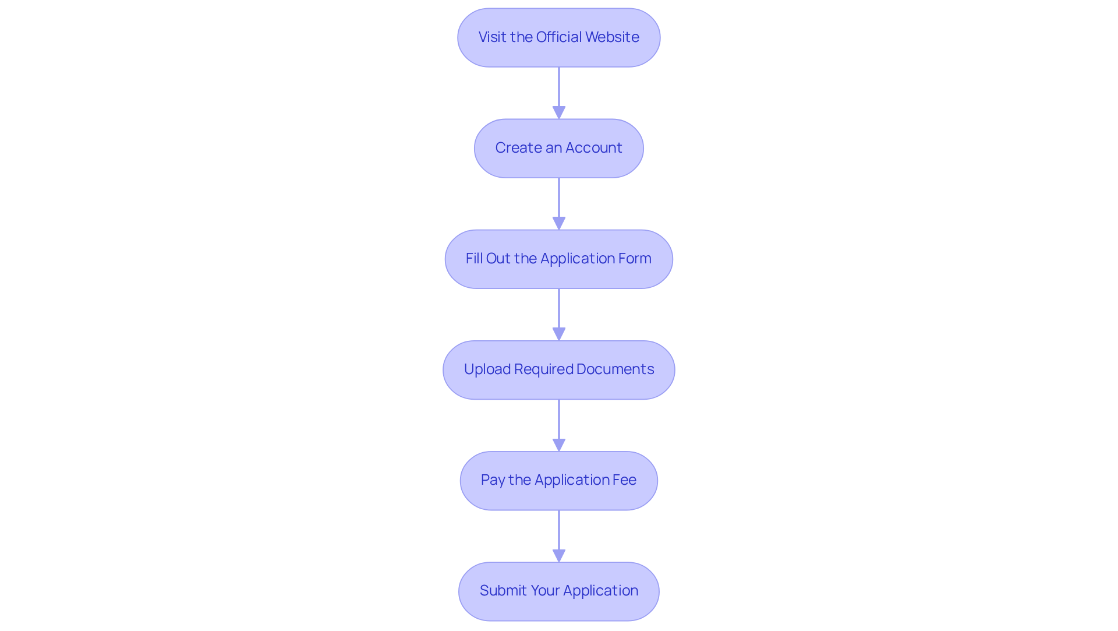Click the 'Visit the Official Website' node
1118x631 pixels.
tap(559, 37)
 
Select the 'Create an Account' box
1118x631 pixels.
tap(559, 149)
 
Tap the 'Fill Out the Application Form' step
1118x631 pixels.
tap(559, 259)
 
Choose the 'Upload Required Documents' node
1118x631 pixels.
tap(559, 370)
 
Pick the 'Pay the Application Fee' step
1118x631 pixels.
tap(559, 481)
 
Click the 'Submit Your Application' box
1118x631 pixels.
tap(559, 591)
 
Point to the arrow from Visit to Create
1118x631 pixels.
tap(559, 93)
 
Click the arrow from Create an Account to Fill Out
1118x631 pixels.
tap(559, 204)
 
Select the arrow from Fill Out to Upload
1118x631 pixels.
tap(559, 315)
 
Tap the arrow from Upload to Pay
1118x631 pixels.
tap(559, 425)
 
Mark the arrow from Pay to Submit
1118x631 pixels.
tap(559, 536)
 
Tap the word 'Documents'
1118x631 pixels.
tap(615, 369)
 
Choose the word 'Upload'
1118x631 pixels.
tap(487, 369)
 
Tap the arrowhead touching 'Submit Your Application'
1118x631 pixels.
tap(559, 556)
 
